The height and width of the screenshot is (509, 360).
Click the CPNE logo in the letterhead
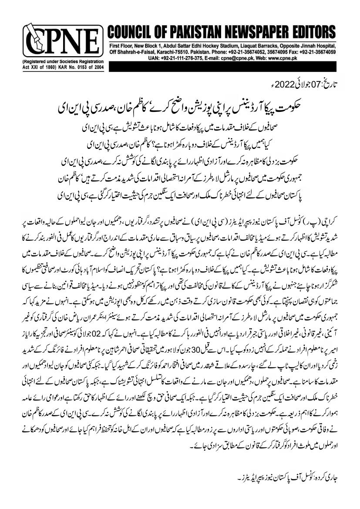pyautogui.click(x=61, y=42)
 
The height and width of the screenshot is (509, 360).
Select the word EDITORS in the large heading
pyautogui.click(x=311, y=33)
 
